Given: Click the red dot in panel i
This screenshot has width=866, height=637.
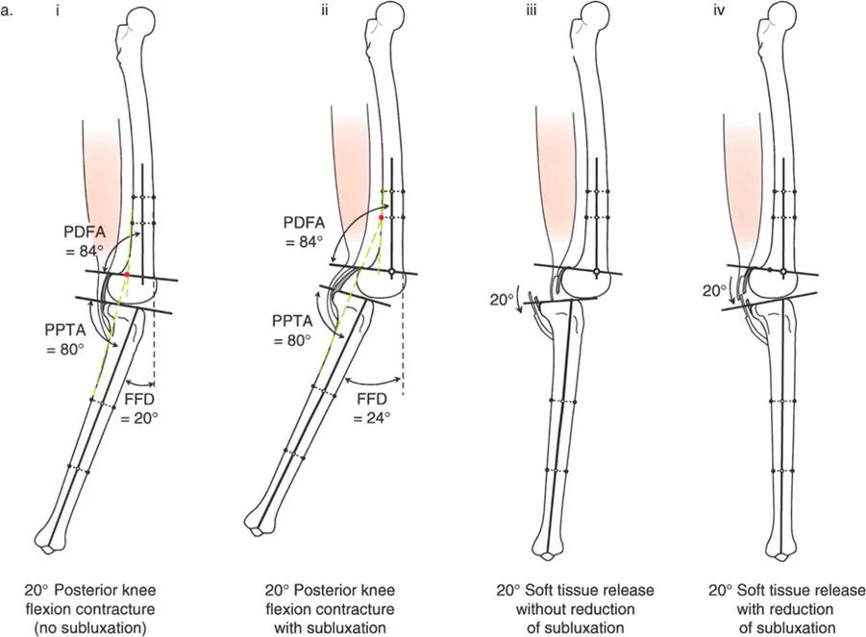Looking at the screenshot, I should coord(127,275).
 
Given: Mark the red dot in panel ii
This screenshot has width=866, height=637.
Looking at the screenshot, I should coord(381,218).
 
